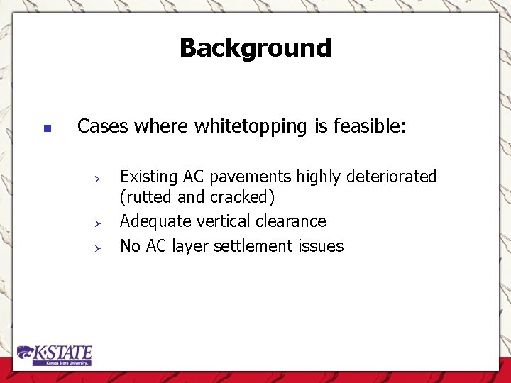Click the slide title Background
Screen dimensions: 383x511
(x=255, y=48)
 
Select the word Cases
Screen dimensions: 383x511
(x=104, y=127)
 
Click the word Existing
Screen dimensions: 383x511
(x=149, y=177)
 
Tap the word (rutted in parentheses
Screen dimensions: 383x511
(x=146, y=197)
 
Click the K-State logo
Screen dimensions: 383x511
(x=55, y=355)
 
